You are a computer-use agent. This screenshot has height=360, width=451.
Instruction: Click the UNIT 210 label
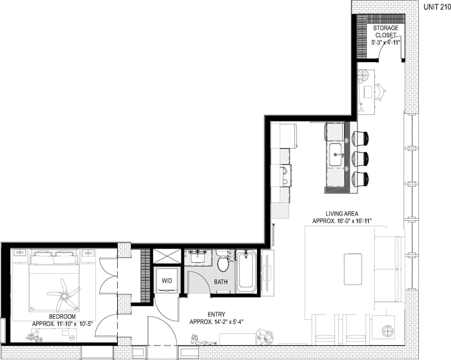pos(437,7)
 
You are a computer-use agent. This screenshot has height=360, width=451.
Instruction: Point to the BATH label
pos(221,282)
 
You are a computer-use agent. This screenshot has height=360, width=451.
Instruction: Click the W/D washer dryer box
pos(166,280)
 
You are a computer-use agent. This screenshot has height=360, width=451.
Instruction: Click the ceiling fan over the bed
pos(63,294)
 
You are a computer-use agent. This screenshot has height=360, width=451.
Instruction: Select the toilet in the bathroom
pos(224,263)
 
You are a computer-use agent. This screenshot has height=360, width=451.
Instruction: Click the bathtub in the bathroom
pos(246,272)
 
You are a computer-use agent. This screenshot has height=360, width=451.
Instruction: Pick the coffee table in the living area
pos(353,268)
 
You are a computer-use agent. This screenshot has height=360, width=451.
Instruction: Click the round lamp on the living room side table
pos(387,331)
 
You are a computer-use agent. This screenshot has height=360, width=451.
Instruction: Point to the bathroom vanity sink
pos(198,256)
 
